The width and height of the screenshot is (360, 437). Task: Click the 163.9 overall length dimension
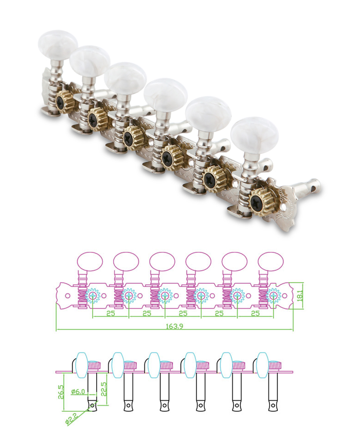(x=174, y=326)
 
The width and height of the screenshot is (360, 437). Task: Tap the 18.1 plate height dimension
(x=300, y=296)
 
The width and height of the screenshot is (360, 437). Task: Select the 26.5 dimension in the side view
(x=61, y=392)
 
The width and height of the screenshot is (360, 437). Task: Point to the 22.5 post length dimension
(x=104, y=388)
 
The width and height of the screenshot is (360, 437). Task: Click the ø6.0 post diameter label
(x=78, y=392)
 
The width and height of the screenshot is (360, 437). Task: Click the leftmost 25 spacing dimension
(x=111, y=313)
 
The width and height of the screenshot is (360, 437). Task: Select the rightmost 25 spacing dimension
(x=256, y=313)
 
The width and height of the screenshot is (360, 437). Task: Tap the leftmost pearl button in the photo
(x=58, y=42)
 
